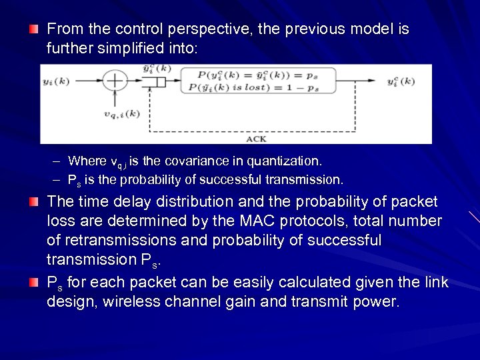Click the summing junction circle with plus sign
tap(116, 81)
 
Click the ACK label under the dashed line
tap(256, 139)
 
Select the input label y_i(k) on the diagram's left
tap(57, 81)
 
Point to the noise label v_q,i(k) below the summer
tap(122, 114)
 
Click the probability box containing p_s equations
tap(259, 81)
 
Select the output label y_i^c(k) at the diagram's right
tap(401, 81)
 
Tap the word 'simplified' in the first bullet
tap(135, 49)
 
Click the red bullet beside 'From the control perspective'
tap(34, 29)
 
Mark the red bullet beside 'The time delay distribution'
tap(34, 201)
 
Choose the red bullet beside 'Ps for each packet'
tap(34, 283)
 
